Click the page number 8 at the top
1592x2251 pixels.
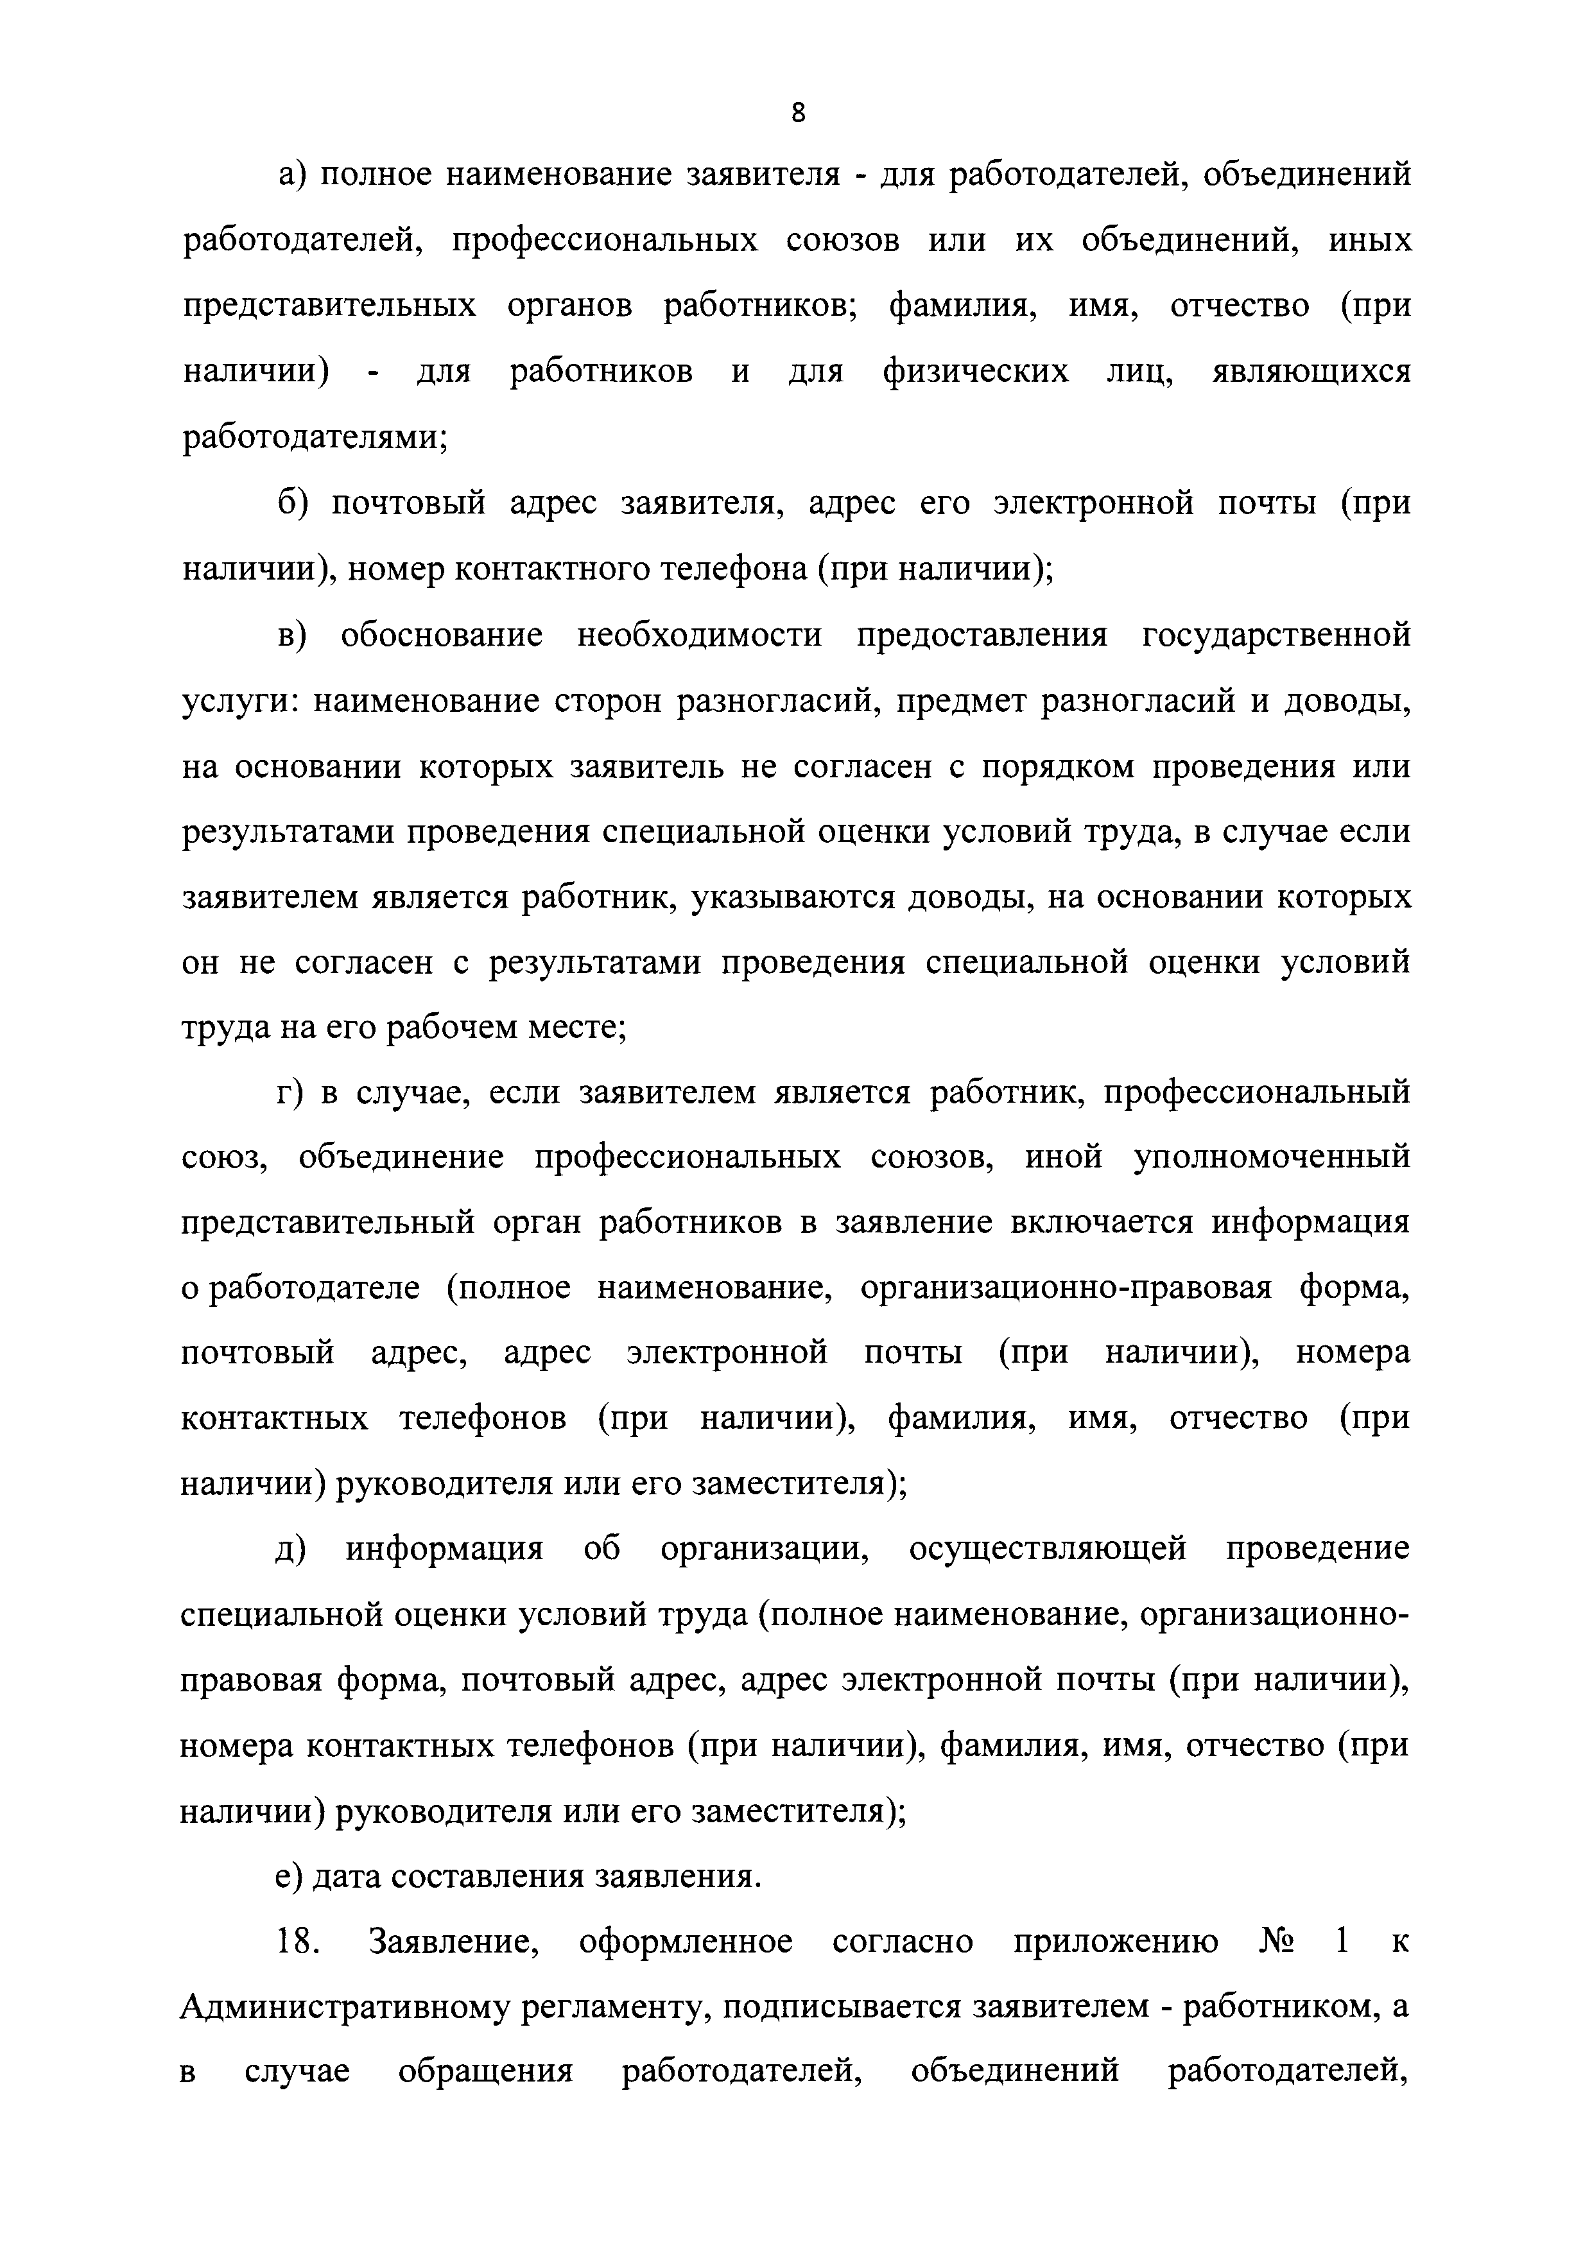[x=797, y=113]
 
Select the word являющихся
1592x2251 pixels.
[x=1311, y=372]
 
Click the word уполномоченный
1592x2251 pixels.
[x=1272, y=1158]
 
